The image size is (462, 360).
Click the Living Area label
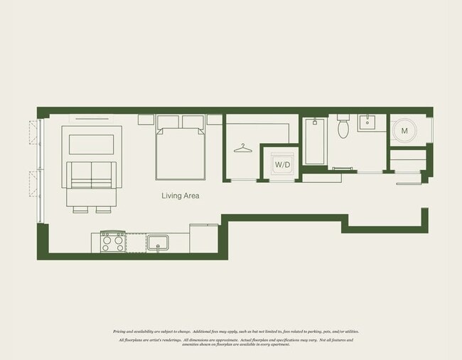point(180,195)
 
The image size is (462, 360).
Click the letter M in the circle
point(404,131)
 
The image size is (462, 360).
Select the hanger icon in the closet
point(243,148)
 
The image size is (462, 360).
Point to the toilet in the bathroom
point(343,127)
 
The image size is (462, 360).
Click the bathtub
point(315,142)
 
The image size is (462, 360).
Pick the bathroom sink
point(367,122)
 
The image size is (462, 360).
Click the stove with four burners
point(112,242)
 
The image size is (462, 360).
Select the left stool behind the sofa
point(80,210)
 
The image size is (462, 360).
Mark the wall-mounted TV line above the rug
point(92,119)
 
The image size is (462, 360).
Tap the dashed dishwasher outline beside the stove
point(136,242)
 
